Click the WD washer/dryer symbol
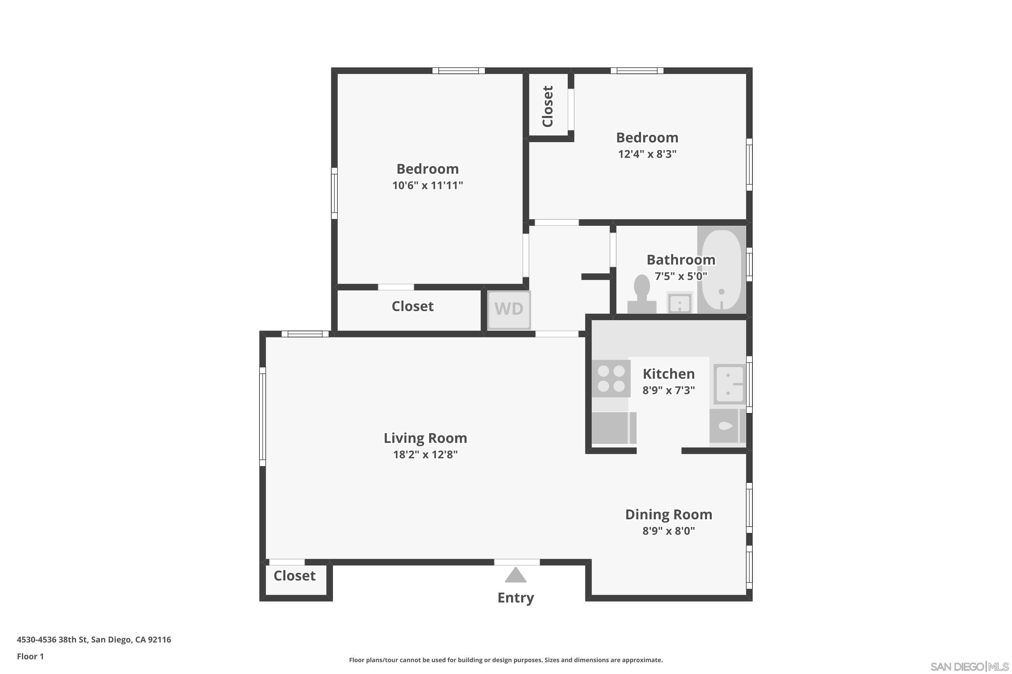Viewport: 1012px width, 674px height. tap(509, 309)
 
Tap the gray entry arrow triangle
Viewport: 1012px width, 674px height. tap(515, 576)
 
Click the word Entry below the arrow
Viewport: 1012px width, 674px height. tap(515, 598)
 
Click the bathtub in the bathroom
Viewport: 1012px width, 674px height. tap(722, 270)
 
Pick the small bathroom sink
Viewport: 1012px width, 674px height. tap(679, 303)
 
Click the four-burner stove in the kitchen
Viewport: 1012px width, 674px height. tap(611, 379)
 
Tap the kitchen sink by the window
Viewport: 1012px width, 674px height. tap(729, 384)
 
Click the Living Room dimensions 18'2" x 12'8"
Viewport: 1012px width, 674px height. tap(425, 455)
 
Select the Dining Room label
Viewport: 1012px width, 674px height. tap(668, 515)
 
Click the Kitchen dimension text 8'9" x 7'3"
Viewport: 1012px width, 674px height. tap(668, 390)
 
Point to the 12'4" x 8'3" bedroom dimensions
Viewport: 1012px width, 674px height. tap(647, 154)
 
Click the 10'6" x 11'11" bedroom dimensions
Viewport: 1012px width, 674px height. tap(427, 186)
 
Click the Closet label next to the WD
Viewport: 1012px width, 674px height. tap(412, 306)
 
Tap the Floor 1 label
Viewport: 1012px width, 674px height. tap(30, 656)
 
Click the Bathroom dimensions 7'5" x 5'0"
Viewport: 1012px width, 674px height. tap(681, 276)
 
